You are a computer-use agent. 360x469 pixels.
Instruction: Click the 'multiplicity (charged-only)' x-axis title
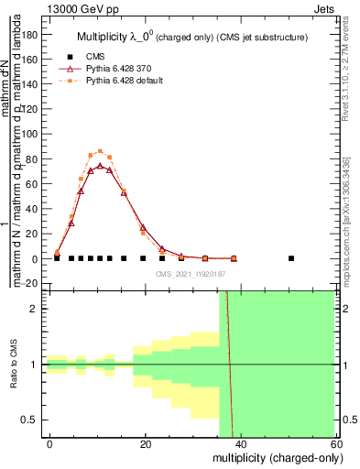click(x=273, y=456)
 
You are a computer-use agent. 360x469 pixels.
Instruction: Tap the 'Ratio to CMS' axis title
click(x=14, y=365)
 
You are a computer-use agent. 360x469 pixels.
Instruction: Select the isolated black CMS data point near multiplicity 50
click(x=291, y=258)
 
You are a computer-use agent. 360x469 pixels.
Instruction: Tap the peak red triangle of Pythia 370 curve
click(x=100, y=166)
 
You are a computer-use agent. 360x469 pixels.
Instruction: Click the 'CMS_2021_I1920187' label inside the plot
click(x=190, y=273)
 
